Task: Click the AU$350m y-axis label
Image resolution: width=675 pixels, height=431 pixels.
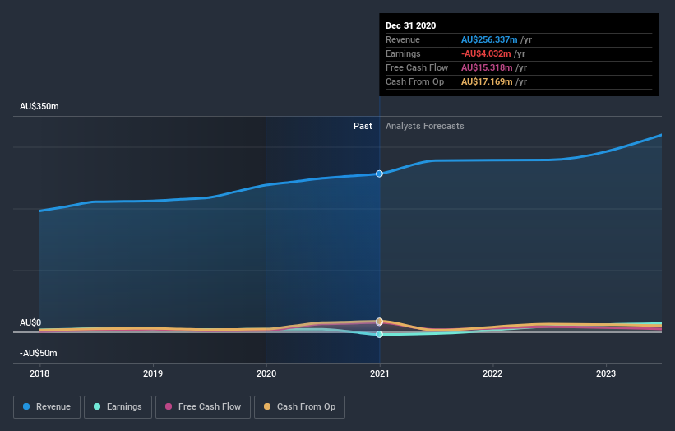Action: coord(39,107)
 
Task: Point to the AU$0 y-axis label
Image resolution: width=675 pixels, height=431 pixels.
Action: coord(30,322)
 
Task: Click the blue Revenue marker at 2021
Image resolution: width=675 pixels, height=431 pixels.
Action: coord(379,174)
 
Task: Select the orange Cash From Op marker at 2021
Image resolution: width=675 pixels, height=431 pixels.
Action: coord(379,322)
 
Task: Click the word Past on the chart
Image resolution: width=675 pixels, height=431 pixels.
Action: coord(363,127)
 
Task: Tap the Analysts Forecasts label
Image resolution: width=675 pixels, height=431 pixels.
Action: coord(424,127)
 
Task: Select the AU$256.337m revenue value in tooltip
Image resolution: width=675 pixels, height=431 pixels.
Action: coord(490,39)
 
